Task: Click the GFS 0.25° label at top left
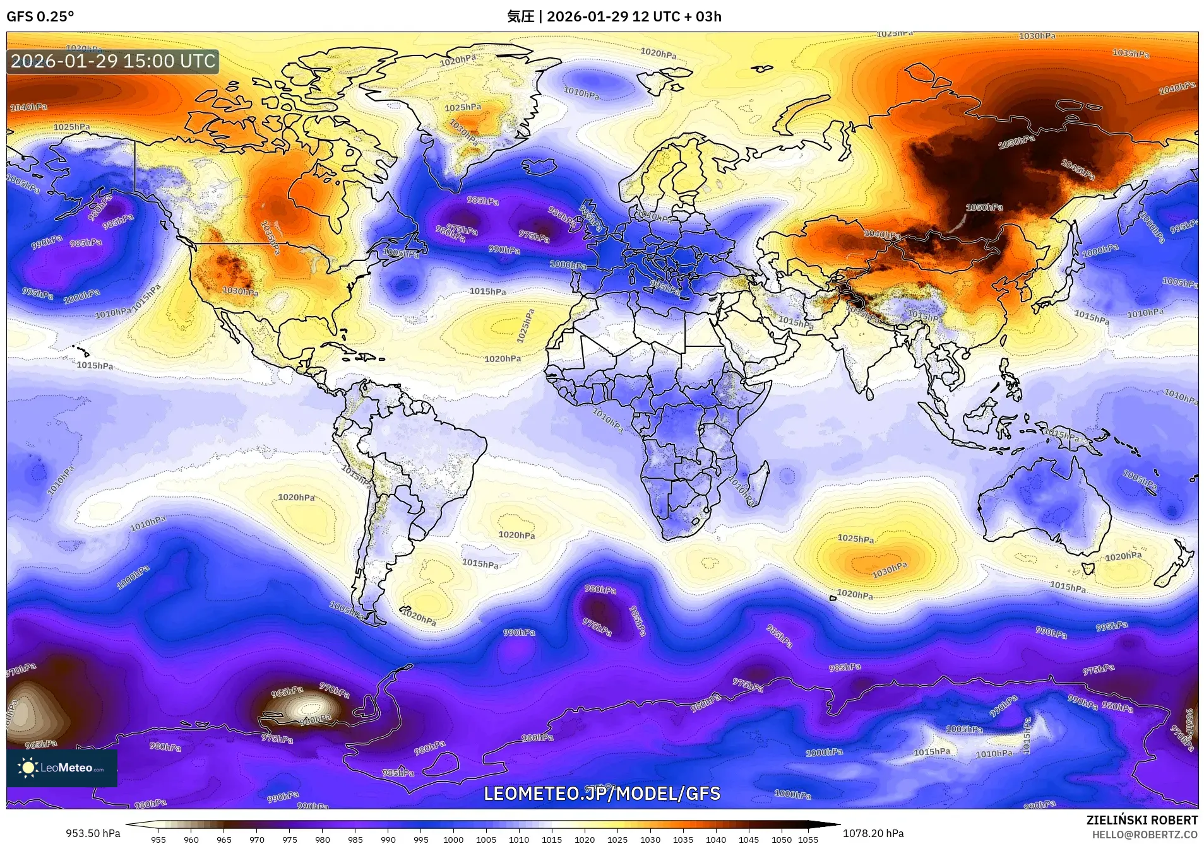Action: coord(40,16)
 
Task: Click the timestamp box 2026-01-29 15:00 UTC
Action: coord(114,61)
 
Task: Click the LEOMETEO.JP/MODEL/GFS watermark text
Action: coord(602,793)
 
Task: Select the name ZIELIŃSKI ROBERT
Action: coord(1141,820)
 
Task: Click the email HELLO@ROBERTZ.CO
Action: coord(1145,835)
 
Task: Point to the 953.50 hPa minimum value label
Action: coord(93,833)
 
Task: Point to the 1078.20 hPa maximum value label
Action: coord(873,833)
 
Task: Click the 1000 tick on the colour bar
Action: coord(453,840)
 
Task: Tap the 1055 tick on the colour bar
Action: coord(808,840)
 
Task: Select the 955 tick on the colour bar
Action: coord(158,840)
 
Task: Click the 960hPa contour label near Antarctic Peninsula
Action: coord(315,719)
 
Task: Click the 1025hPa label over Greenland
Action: coord(462,108)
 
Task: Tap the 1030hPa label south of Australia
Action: coord(889,570)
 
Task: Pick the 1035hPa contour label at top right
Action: coord(1130,54)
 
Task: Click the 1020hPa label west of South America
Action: coord(296,497)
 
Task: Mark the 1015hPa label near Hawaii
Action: coord(95,365)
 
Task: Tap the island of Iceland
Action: coord(539,167)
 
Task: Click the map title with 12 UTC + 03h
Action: coord(614,16)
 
